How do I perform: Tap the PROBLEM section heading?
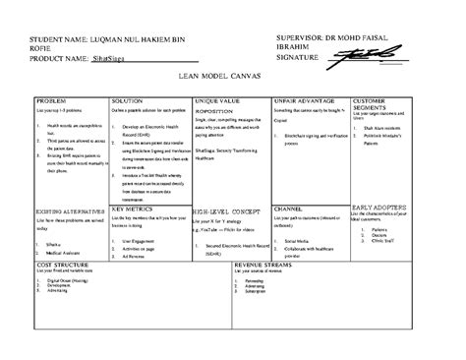(x=50, y=101)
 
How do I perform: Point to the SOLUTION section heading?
(x=127, y=101)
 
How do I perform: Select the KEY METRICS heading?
(x=132, y=210)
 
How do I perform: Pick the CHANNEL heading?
(x=288, y=210)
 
